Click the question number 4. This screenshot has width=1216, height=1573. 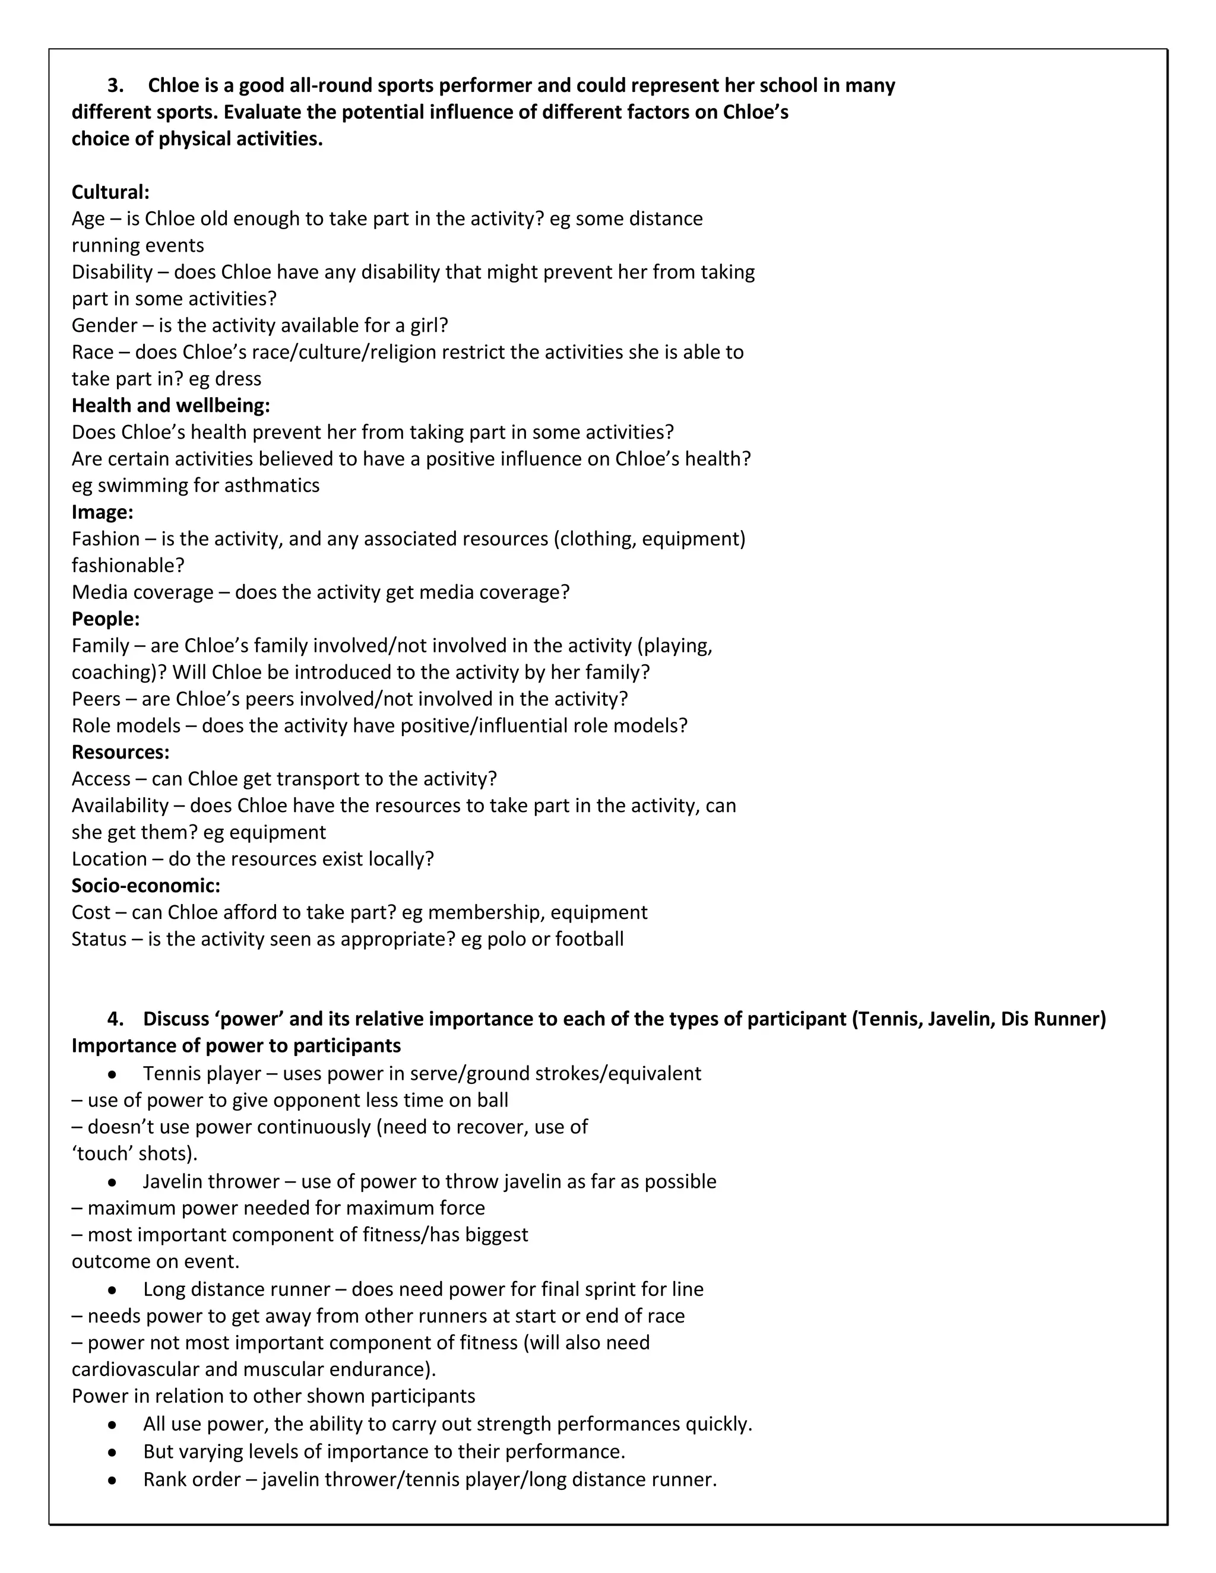[115, 1019]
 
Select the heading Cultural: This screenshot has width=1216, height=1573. [110, 192]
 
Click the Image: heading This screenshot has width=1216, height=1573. [102, 512]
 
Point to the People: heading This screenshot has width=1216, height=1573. [105, 619]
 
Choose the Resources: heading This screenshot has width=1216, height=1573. [121, 752]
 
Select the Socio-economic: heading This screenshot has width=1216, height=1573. [145, 885]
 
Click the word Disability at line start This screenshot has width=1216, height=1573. [112, 272]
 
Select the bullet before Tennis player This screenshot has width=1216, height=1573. [112, 1074]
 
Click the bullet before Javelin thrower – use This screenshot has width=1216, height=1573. [112, 1182]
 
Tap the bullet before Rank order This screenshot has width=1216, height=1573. [112, 1480]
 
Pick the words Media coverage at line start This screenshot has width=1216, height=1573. [142, 592]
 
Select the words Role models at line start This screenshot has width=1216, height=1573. [126, 725]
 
